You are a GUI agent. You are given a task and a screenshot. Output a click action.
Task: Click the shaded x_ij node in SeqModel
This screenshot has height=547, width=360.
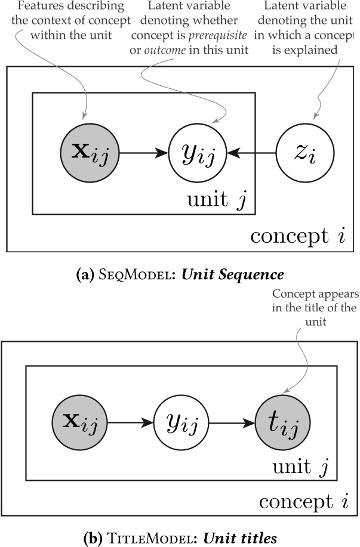90,153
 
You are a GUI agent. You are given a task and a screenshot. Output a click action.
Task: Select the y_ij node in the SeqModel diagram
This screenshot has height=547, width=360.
198,153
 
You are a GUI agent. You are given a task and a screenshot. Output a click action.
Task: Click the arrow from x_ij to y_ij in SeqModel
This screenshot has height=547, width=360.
143,153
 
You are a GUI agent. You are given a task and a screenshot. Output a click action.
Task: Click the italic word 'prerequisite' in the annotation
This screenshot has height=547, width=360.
220,31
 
